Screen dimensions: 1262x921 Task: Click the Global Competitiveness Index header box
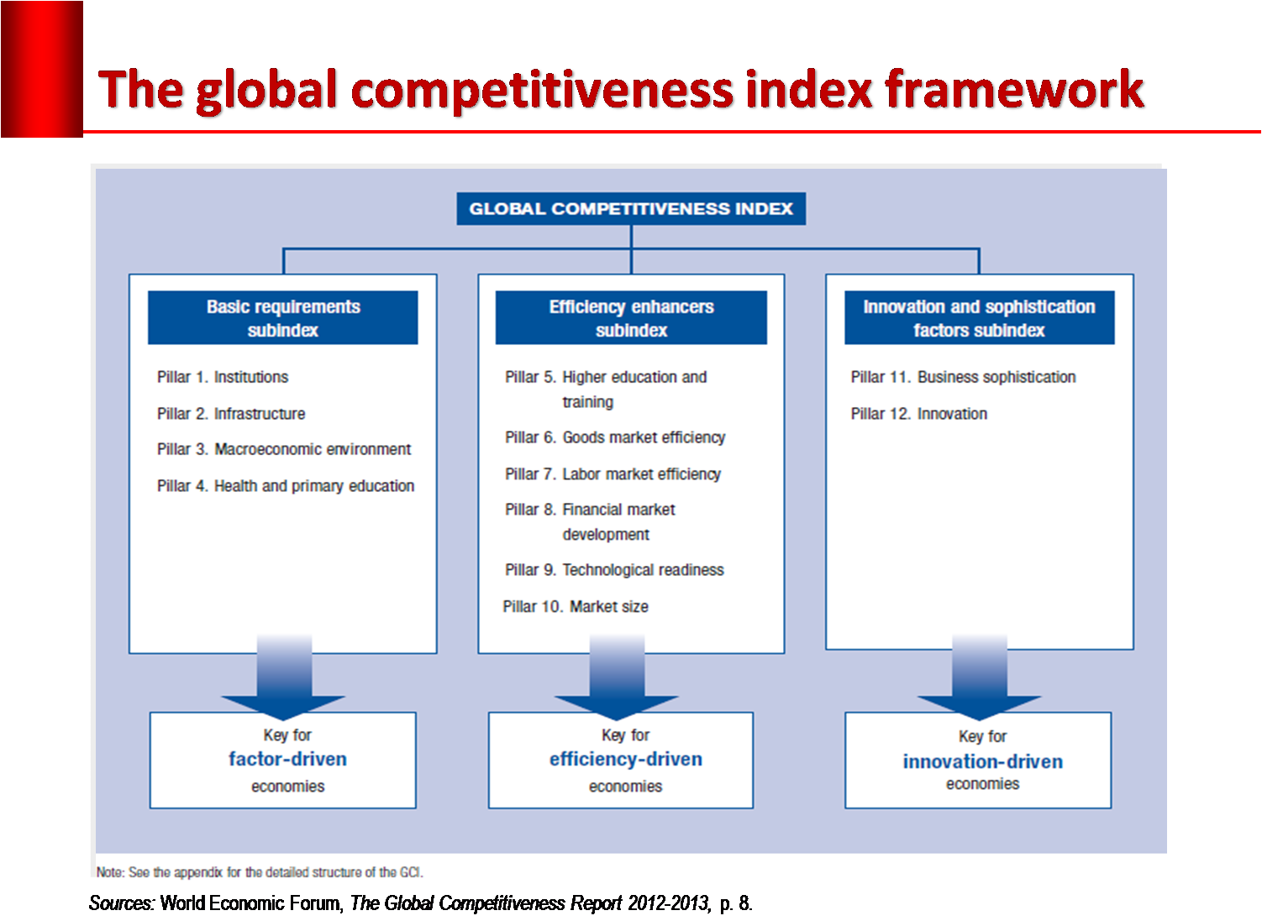pyautogui.click(x=631, y=209)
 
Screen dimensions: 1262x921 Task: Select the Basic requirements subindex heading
pyautogui.click(x=283, y=317)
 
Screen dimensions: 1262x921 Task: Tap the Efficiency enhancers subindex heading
pyautogui.click(x=631, y=317)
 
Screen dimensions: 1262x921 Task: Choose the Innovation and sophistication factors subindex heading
pyautogui.click(x=979, y=317)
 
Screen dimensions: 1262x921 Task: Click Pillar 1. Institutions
pyautogui.click(x=223, y=377)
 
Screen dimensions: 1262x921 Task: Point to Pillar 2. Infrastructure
pyautogui.click(x=231, y=414)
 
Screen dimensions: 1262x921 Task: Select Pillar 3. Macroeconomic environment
pyautogui.click(x=284, y=449)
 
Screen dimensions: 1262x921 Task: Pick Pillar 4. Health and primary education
pyautogui.click(x=286, y=486)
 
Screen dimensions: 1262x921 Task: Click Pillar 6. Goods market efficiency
pyautogui.click(x=615, y=437)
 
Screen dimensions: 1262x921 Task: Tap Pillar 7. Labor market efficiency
pyautogui.click(x=613, y=474)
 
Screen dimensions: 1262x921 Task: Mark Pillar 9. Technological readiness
pyautogui.click(x=614, y=570)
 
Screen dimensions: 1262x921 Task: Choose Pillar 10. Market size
pyautogui.click(x=576, y=606)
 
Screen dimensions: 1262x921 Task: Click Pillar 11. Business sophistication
pyautogui.click(x=964, y=377)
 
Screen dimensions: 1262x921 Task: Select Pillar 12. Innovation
pyautogui.click(x=919, y=414)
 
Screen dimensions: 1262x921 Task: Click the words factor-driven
pyautogui.click(x=287, y=759)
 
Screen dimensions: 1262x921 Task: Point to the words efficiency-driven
pyautogui.click(x=626, y=760)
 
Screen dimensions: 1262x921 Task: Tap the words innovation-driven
pyautogui.click(x=982, y=761)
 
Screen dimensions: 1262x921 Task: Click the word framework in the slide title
pyautogui.click(x=1015, y=89)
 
